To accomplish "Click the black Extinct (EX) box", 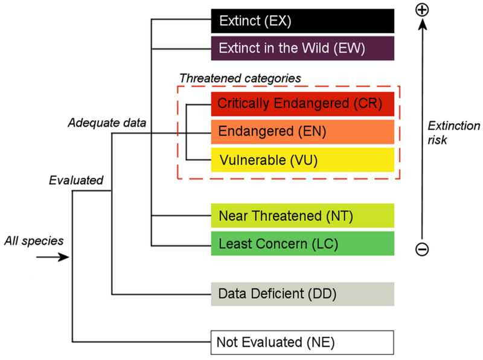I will click(x=302, y=21).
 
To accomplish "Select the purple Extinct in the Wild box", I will click(x=302, y=48).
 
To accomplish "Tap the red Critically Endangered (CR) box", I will click(x=302, y=104).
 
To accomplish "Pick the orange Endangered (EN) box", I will click(x=302, y=132).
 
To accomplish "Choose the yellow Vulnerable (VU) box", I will click(x=302, y=160).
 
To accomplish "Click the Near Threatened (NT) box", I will click(x=302, y=216).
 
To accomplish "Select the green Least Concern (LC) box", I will click(x=302, y=243).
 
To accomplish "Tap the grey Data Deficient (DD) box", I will click(x=302, y=294).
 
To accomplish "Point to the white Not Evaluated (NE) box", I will click(x=302, y=342).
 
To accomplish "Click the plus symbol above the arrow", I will click(x=422, y=10).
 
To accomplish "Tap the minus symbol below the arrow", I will click(x=422, y=249).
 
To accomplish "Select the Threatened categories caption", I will click(x=240, y=79).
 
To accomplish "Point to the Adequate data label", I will click(x=107, y=123).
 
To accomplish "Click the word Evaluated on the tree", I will click(x=77, y=179).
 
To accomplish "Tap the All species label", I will click(x=34, y=241).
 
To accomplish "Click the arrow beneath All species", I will click(x=52, y=257).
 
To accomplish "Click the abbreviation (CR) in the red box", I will click(x=366, y=104).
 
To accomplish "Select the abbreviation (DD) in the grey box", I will click(x=321, y=294).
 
